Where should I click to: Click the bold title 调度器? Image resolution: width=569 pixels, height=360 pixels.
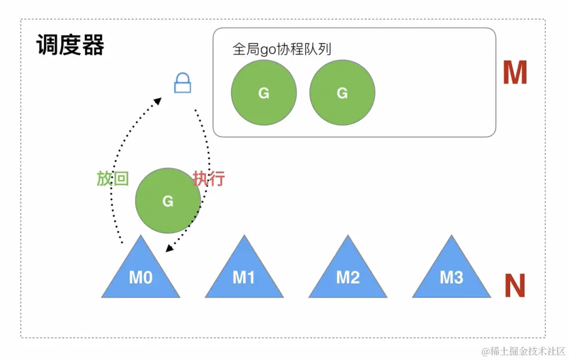coord(70,46)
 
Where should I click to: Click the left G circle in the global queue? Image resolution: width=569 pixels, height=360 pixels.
coord(264,93)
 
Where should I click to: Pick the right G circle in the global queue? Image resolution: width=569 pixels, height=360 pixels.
coord(342,93)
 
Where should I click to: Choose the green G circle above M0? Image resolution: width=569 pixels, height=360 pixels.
coord(168,201)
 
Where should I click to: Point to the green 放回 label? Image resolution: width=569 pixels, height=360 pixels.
coord(112,179)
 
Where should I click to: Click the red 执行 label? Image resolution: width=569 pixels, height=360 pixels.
coord(209,179)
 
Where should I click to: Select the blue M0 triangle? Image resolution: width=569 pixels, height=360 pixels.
coord(141,274)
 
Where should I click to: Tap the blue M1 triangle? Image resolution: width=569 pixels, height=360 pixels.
coord(244,274)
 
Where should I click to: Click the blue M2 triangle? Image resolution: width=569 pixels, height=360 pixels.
coord(348,274)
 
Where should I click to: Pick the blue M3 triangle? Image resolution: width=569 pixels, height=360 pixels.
coord(451,274)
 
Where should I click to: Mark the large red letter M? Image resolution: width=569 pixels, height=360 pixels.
coord(515,73)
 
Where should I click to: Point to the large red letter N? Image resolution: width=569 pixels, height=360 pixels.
coord(515,286)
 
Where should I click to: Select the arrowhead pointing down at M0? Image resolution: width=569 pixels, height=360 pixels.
coord(168,248)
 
